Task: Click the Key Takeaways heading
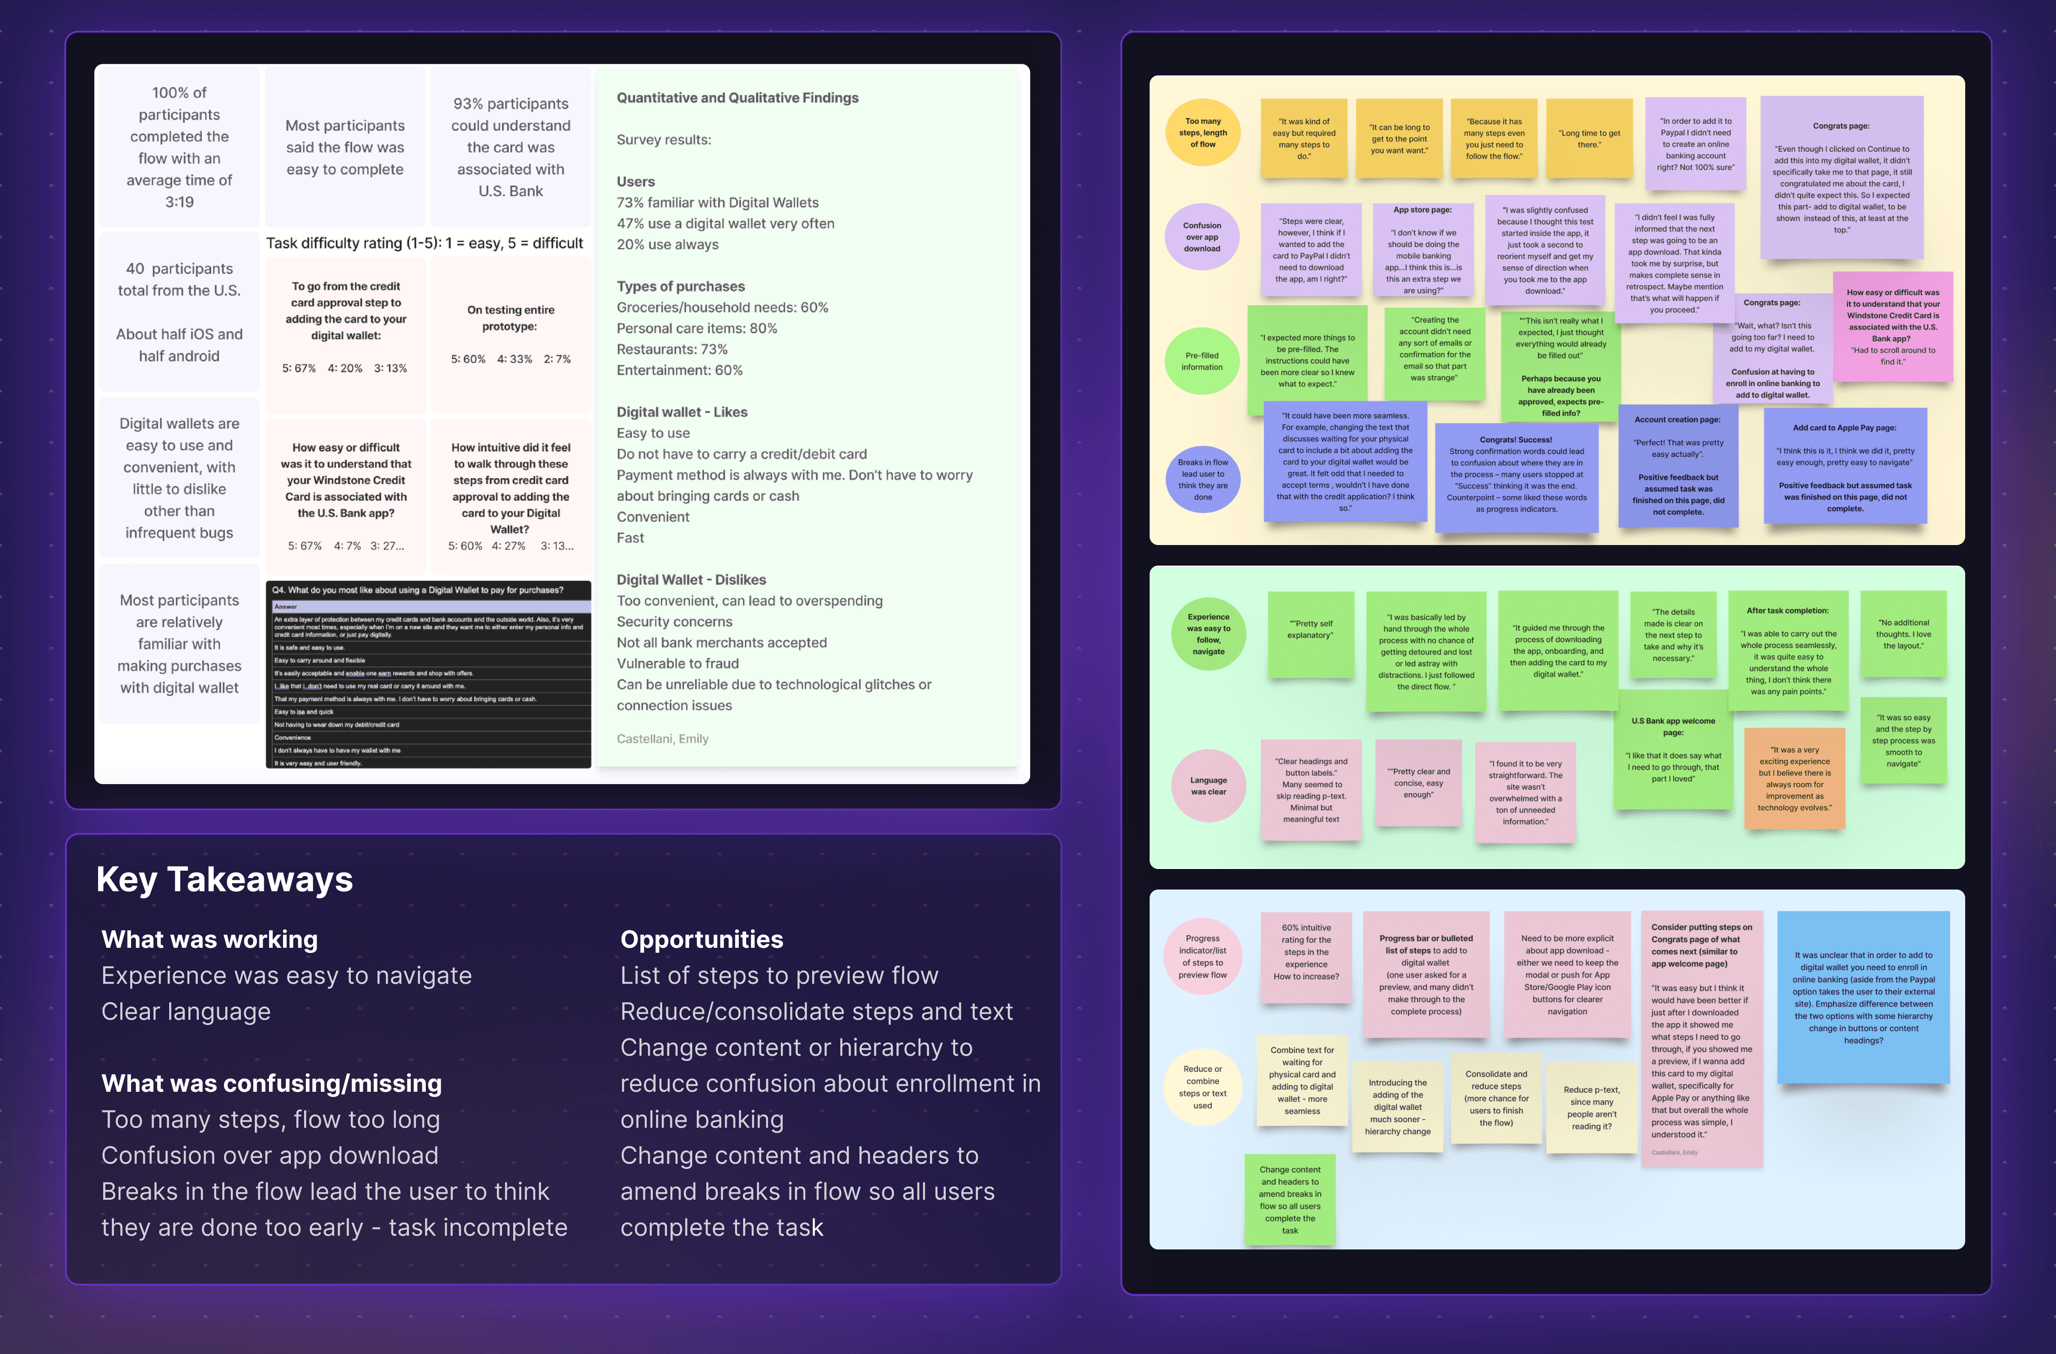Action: click(224, 880)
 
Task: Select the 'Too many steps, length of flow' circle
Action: click(1202, 133)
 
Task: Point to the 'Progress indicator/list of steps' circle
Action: click(1202, 956)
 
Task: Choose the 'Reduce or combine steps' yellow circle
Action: click(1202, 1087)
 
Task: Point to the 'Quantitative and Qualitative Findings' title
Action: click(737, 98)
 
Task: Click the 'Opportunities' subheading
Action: click(702, 939)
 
